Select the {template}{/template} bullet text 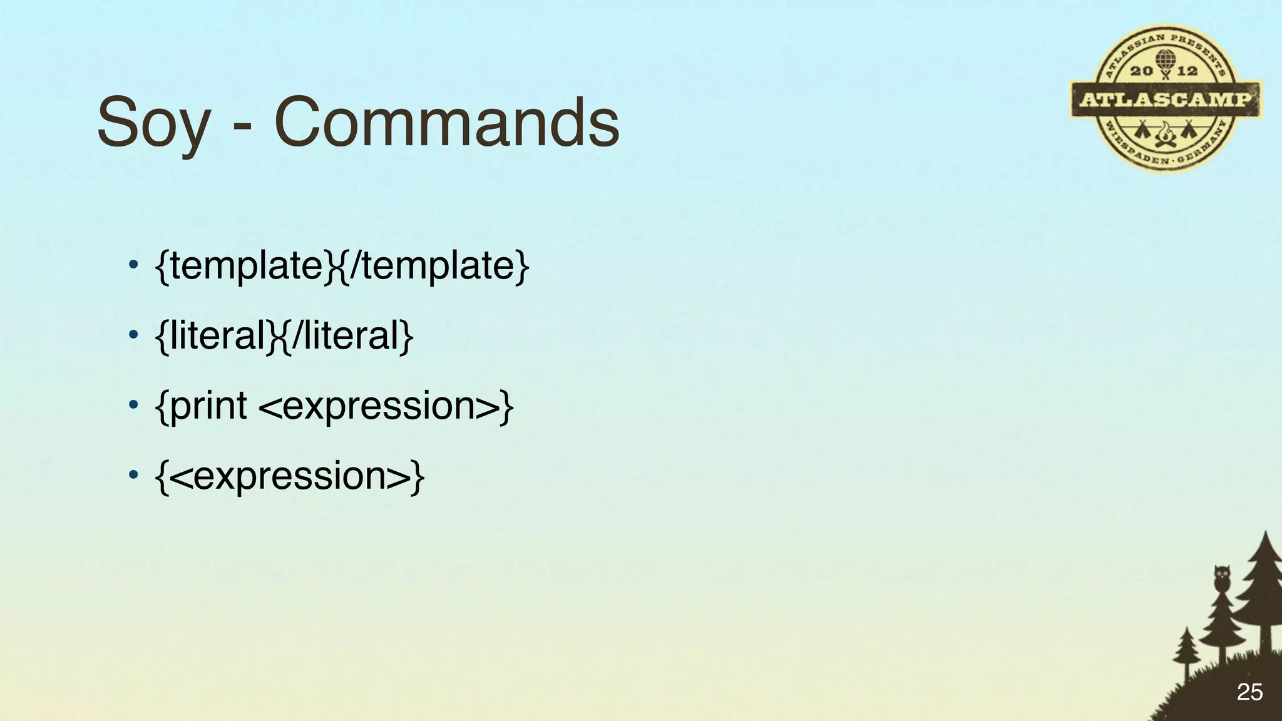(x=342, y=265)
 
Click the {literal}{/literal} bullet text (x=284, y=335)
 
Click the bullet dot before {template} (x=132, y=265)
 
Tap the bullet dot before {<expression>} (x=132, y=476)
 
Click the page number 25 (x=1249, y=692)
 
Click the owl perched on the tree (x=1221, y=577)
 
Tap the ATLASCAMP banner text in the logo (x=1166, y=99)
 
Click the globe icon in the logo (x=1165, y=61)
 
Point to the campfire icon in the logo (x=1165, y=134)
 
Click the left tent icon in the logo (x=1143, y=130)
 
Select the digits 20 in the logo (x=1141, y=71)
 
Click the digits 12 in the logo (x=1187, y=71)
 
